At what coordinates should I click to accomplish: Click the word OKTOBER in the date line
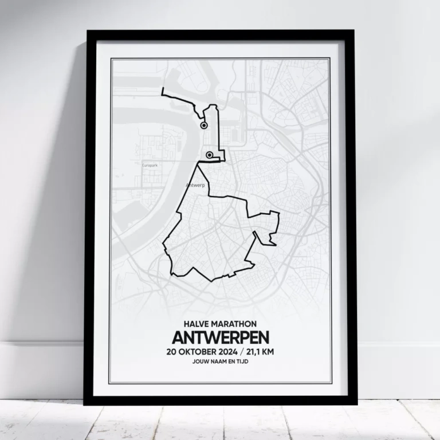pos(198,352)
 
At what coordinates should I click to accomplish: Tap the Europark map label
pos(149,165)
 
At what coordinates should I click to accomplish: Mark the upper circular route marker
pos(203,125)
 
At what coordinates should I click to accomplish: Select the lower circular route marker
pos(210,155)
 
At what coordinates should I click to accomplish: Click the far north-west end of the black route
pos(163,89)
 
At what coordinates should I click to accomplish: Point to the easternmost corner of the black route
pos(279,214)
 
